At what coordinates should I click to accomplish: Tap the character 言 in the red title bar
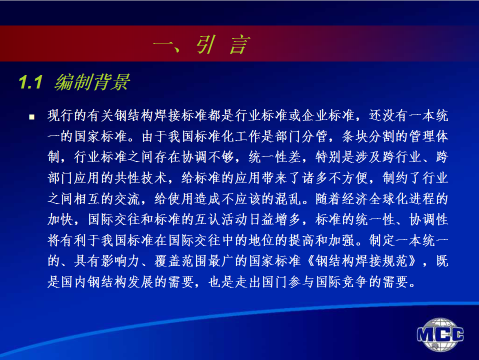tap(240, 44)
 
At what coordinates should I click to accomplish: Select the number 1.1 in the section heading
tap(30, 82)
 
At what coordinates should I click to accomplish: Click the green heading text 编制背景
tap(92, 82)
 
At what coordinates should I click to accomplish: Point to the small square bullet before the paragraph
tap(32, 116)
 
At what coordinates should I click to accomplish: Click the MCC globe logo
tap(440, 334)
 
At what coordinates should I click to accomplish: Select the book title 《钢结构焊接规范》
tap(362, 261)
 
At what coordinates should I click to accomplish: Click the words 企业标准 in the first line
tap(328, 115)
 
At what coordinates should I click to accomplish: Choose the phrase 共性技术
tap(141, 178)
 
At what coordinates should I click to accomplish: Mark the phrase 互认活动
tap(221, 219)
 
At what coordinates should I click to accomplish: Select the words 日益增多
tap(274, 219)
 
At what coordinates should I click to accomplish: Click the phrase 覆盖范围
tap(181, 261)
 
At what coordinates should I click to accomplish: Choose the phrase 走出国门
tap(248, 282)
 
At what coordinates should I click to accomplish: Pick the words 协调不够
tap(208, 157)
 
